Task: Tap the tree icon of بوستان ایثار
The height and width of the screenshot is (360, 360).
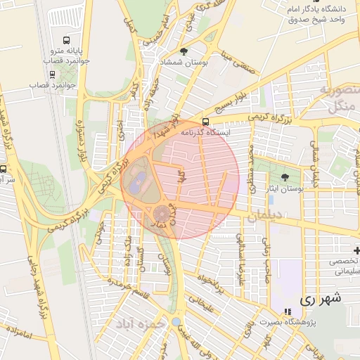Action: [x=284, y=178]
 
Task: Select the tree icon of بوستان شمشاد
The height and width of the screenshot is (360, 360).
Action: [x=184, y=51]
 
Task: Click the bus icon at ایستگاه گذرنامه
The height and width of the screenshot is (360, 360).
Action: [x=205, y=121]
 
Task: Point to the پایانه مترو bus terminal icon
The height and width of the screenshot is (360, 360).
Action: [x=65, y=40]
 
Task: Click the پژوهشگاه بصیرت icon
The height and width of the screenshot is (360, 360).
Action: [x=286, y=311]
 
